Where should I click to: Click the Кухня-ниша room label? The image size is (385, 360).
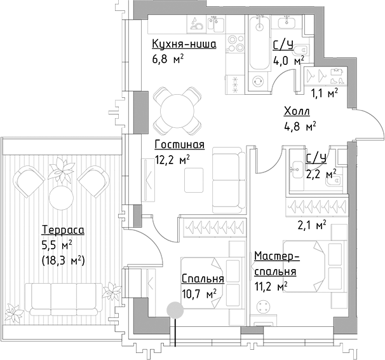[x=184, y=45]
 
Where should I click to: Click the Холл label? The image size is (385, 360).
[x=297, y=112]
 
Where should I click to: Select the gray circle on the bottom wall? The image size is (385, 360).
[x=173, y=310]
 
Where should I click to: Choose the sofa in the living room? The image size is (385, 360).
[x=227, y=181]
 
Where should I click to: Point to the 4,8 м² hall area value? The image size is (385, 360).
[x=301, y=126]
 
